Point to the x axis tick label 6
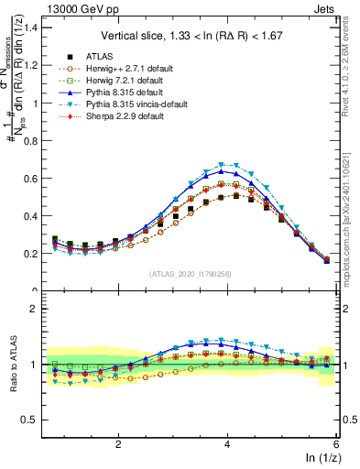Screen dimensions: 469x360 pos(337,444)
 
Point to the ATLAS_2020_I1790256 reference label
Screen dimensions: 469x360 pos(191,274)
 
